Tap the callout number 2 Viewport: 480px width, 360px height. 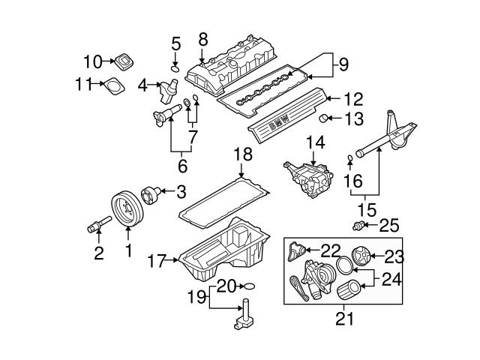[99, 253]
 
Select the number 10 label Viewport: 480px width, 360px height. [92, 61]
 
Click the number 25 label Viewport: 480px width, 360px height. [389, 224]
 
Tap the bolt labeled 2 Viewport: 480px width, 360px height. [100, 223]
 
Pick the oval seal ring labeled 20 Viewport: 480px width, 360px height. [250, 286]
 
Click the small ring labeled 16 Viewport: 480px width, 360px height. [350, 157]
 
